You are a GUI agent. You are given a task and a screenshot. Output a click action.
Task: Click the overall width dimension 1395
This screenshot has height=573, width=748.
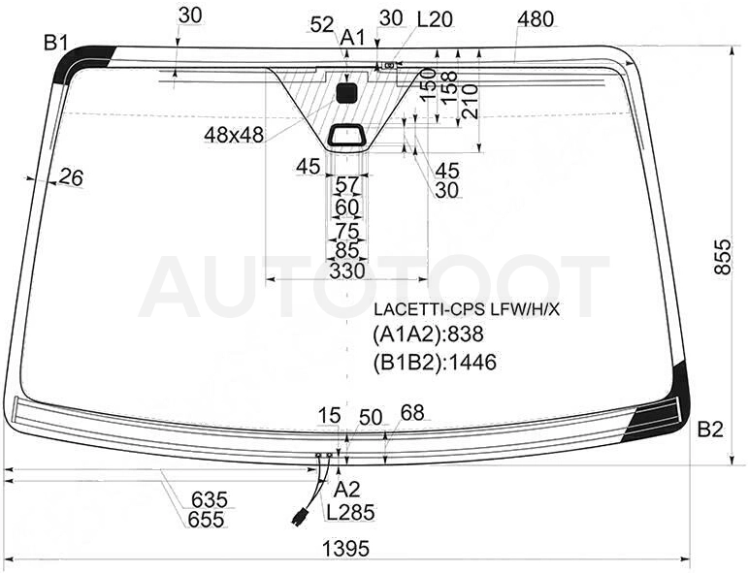[x=345, y=549]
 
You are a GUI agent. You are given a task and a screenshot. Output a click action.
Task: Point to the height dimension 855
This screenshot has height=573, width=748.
[x=723, y=257]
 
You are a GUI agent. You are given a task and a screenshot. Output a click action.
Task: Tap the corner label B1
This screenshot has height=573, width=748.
[x=56, y=43]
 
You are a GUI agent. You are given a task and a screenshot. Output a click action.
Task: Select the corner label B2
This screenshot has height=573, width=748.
[x=710, y=430]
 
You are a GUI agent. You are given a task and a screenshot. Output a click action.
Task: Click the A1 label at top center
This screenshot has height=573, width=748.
[x=352, y=37]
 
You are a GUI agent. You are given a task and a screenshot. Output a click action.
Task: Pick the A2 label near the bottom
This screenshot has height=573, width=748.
[x=346, y=489]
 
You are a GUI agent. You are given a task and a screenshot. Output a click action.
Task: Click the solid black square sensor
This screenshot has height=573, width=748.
[x=346, y=93]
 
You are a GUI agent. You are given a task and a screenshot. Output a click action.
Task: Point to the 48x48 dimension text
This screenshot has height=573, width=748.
[x=234, y=136]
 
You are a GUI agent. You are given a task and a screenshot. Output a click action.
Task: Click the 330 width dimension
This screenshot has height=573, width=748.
[x=347, y=271]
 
